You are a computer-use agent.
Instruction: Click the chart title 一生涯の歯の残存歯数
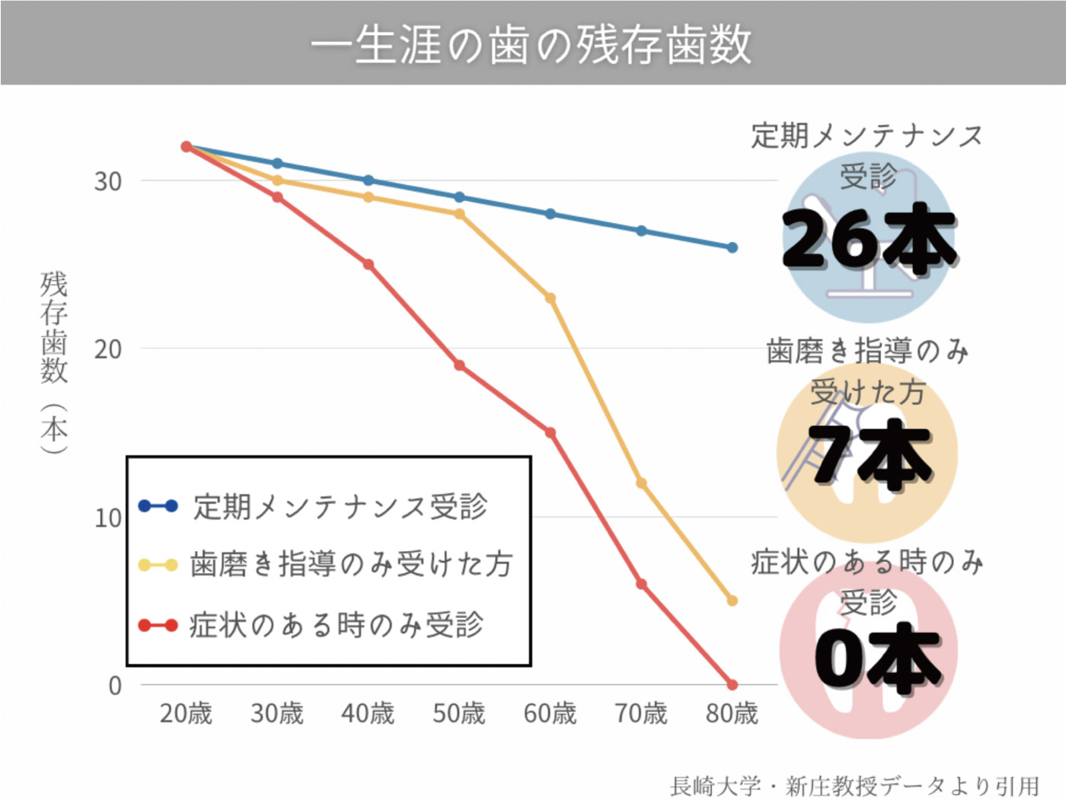(531, 44)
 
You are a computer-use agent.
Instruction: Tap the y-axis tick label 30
(107, 182)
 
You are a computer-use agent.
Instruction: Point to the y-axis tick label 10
(107, 518)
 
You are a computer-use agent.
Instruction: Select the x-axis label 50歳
(459, 714)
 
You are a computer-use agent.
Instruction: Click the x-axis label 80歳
(732, 714)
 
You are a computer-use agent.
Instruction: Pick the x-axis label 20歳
(186, 714)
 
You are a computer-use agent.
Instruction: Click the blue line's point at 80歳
(732, 247)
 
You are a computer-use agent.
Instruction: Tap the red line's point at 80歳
(732, 685)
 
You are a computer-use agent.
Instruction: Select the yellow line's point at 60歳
(551, 298)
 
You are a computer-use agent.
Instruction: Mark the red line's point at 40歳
(369, 265)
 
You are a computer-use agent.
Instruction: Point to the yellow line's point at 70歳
(641, 483)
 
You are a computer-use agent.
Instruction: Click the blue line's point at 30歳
(277, 164)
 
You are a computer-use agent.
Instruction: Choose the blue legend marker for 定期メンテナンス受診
(158, 506)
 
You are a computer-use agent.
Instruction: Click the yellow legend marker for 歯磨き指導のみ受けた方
(158, 565)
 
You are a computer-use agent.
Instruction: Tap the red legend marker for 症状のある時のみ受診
(158, 626)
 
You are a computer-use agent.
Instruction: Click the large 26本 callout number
(869, 239)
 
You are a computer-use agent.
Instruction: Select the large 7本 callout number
(869, 454)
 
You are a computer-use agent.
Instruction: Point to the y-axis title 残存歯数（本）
(54, 362)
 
